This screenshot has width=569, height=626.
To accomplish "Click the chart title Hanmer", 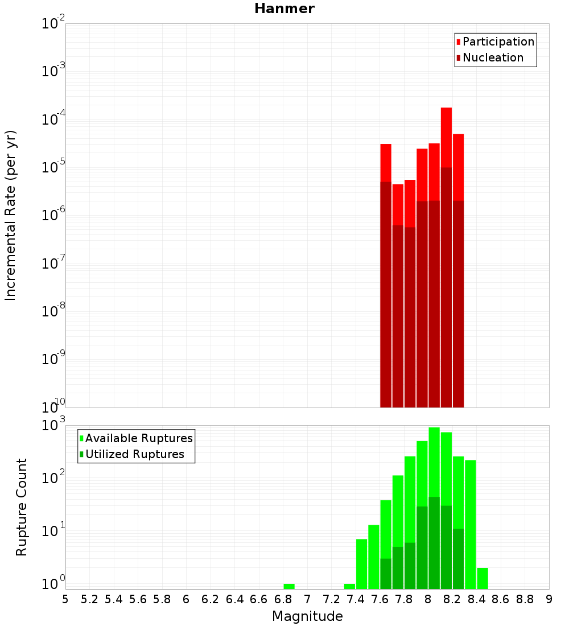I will point(284,9).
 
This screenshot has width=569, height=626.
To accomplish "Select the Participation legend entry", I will point(498,42).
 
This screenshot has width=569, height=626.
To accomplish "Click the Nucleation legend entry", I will point(492,57).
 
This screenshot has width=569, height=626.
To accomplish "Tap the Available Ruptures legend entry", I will point(138,438).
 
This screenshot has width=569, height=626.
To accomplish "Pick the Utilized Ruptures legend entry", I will point(134,454).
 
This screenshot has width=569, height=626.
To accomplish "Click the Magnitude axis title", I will point(307,616).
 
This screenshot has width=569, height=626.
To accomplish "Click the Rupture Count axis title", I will point(22,507).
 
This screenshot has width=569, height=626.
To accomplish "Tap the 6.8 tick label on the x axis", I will point(283,599).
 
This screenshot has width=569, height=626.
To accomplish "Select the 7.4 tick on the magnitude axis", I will point(356,599).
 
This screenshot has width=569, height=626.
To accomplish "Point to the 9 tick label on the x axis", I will point(549,599).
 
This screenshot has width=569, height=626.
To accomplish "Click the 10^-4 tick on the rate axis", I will point(52,120).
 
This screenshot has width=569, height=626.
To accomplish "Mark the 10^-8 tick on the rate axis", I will point(52,312).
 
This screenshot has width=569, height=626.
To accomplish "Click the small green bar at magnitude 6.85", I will point(289,586).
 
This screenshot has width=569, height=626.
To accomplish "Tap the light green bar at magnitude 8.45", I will point(483,578).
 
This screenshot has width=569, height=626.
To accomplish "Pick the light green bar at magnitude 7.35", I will point(349,586).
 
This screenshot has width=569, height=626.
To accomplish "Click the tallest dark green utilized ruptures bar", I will point(434,541).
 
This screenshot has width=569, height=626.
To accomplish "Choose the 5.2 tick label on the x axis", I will point(89,599).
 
